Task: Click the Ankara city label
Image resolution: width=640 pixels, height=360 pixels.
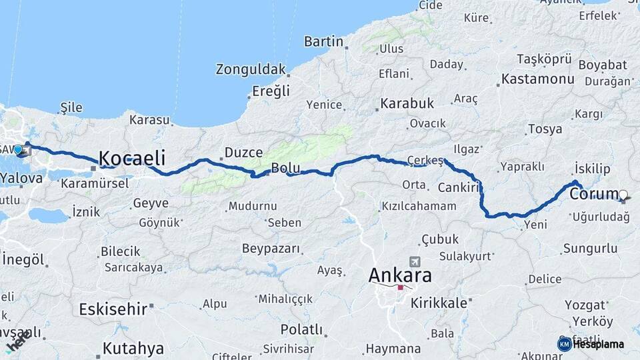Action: coord(400,275)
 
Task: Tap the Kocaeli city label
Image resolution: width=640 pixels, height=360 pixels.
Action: coord(132,158)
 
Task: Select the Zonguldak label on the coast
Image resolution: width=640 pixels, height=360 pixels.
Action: coord(251,69)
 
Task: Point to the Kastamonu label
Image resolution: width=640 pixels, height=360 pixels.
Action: coord(537,79)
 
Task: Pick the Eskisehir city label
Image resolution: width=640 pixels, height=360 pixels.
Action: coord(113,309)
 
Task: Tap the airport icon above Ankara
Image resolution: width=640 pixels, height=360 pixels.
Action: coord(416,261)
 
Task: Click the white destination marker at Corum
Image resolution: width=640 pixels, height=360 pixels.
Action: coord(623,195)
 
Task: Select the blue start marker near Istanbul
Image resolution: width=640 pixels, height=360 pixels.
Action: coord(18,149)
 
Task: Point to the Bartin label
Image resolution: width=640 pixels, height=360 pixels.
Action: coord(323,41)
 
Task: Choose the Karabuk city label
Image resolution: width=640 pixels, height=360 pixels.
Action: coord(407,103)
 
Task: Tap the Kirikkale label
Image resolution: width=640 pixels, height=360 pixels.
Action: coord(439,303)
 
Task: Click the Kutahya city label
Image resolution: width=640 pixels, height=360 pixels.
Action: coord(133,348)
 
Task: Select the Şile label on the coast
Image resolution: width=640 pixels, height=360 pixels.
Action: coord(71,107)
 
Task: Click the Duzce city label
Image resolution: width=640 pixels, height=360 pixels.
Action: coord(243,152)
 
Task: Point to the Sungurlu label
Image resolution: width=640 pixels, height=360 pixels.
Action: coord(590,249)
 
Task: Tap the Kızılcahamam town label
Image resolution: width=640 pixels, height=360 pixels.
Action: coord(419,206)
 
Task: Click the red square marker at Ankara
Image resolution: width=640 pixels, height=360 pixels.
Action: coord(400,287)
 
